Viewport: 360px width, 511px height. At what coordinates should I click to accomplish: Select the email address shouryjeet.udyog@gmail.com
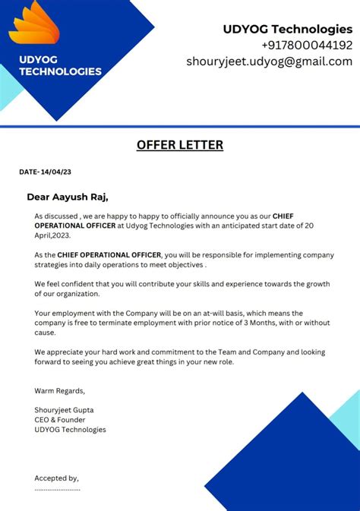pos(270,62)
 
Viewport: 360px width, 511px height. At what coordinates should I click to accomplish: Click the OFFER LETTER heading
pos(180,145)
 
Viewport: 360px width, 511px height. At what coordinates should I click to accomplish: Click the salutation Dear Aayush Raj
pos(68,197)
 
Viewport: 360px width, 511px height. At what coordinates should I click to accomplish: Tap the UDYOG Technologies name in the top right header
pos(287,29)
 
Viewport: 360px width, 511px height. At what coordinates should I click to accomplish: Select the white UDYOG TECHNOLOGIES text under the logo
pos(60,65)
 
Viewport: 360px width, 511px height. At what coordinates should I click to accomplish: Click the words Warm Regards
pos(59,391)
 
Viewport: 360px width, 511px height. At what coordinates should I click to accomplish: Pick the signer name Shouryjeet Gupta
pos(64,410)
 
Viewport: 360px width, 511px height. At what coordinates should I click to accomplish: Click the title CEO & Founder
pos(60,420)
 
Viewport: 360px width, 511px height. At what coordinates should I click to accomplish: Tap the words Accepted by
pos(56,478)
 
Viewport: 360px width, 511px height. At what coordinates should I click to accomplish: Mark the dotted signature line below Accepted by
pos(57,489)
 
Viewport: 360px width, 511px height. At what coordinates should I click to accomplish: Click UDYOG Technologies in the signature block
pos(70,430)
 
